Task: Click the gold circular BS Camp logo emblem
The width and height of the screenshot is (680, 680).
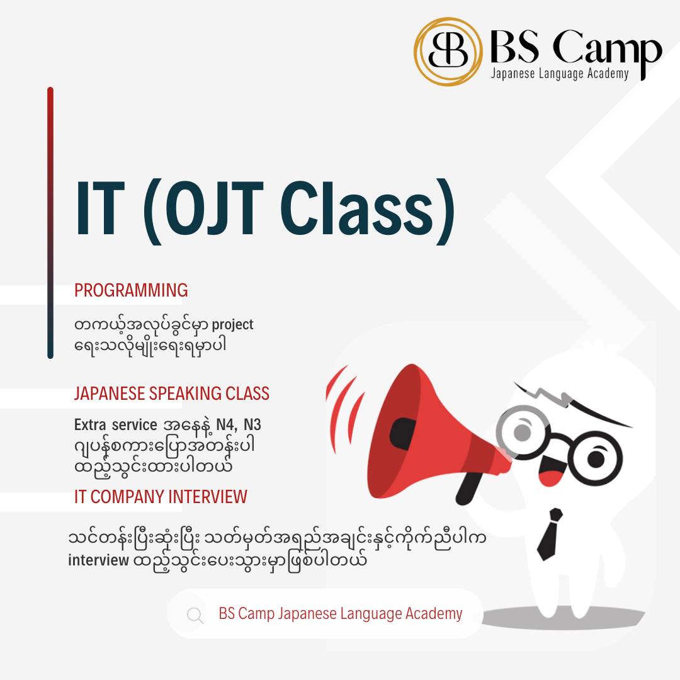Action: pyautogui.click(x=448, y=52)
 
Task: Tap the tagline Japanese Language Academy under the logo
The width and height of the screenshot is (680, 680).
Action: pyautogui.click(x=560, y=74)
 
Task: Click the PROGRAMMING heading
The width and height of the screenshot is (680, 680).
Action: pyautogui.click(x=131, y=290)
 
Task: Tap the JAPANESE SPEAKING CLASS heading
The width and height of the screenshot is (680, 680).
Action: pyautogui.click(x=172, y=394)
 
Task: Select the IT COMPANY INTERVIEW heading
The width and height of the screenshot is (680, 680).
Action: pyautogui.click(x=161, y=497)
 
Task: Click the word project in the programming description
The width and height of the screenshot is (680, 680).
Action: pyautogui.click(x=232, y=326)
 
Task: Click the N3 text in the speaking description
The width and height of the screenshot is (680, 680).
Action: pyautogui.click(x=252, y=424)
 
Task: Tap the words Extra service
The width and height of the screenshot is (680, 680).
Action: pyautogui.click(x=115, y=424)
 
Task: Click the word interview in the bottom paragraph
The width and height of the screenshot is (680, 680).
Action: pyautogui.click(x=98, y=560)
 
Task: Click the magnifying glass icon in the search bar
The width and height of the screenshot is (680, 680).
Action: pyautogui.click(x=195, y=615)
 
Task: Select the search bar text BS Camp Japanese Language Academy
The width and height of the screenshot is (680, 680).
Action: pyautogui.click(x=341, y=614)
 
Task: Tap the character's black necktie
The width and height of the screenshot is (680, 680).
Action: pyautogui.click(x=549, y=535)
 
